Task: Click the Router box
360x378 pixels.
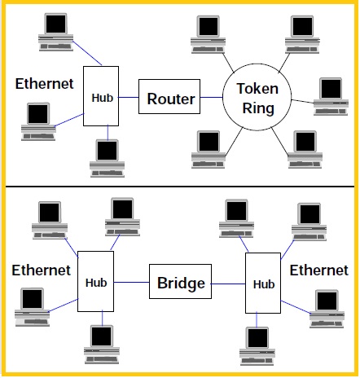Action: [170, 99]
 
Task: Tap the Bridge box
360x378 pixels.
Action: [179, 285]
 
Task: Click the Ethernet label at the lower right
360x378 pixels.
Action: [319, 269]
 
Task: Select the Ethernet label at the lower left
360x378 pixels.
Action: [41, 270]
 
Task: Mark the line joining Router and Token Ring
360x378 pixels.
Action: [213, 99]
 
